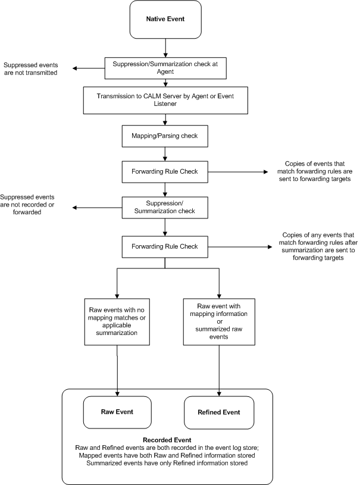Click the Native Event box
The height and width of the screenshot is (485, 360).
(x=166, y=19)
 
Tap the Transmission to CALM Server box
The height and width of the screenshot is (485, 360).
(x=166, y=100)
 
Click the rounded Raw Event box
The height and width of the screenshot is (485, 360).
(x=117, y=411)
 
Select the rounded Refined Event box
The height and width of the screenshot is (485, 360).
(x=220, y=411)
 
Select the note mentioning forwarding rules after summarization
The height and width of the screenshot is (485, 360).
(x=312, y=246)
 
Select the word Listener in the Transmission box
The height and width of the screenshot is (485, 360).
(x=166, y=104)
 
